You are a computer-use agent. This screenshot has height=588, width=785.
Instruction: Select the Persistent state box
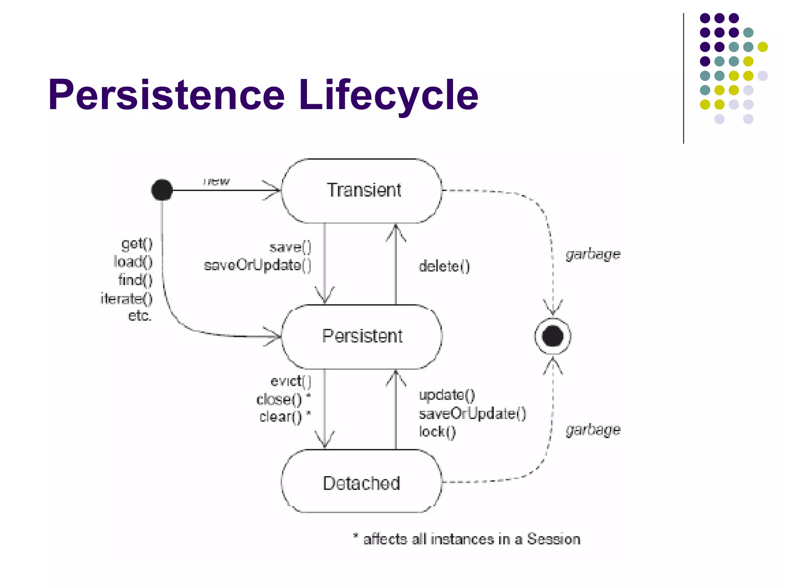(362, 336)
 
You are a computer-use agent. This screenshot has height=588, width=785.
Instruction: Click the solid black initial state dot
(162, 190)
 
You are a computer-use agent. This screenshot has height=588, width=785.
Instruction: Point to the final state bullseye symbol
(553, 336)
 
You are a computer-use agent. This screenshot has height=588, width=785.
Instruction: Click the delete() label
(444, 266)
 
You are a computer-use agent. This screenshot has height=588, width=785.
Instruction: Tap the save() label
(290, 247)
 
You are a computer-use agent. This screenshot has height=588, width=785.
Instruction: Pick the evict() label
(291, 381)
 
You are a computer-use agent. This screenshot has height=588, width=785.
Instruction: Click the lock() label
(437, 432)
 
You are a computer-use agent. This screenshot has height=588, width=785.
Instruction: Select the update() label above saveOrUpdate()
(447, 395)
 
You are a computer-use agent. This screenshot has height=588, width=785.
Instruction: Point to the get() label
(137, 243)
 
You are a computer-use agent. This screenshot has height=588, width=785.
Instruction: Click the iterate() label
(126, 298)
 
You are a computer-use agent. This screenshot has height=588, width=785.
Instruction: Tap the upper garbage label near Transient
(593, 254)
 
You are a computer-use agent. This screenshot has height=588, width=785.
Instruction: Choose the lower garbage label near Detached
(593, 430)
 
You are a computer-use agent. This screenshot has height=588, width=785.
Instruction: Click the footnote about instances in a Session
(466, 539)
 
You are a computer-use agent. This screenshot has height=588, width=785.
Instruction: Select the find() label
(135, 280)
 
